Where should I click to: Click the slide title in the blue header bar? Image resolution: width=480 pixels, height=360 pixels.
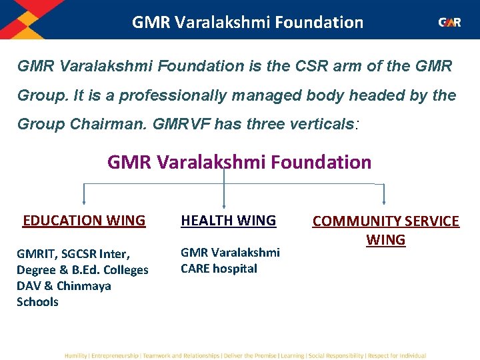tap(247, 22)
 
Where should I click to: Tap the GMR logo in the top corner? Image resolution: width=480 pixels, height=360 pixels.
tap(449, 22)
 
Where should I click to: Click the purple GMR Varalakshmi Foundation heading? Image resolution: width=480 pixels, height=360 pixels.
tap(239, 162)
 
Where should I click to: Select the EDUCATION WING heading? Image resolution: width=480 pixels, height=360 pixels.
tap(84, 221)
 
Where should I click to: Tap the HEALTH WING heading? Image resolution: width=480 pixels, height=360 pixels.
tap(229, 221)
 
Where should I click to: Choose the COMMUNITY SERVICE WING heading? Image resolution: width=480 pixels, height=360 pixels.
tap(386, 230)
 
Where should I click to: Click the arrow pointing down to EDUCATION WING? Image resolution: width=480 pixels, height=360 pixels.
tap(83, 199)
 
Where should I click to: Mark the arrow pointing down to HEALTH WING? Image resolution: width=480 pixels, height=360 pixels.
tap(224, 199)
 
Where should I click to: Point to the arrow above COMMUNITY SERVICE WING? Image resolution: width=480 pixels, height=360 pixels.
tap(384, 199)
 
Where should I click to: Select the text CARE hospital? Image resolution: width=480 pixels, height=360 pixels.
tap(219, 269)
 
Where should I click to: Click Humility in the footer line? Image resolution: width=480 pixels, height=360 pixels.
tap(75, 356)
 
